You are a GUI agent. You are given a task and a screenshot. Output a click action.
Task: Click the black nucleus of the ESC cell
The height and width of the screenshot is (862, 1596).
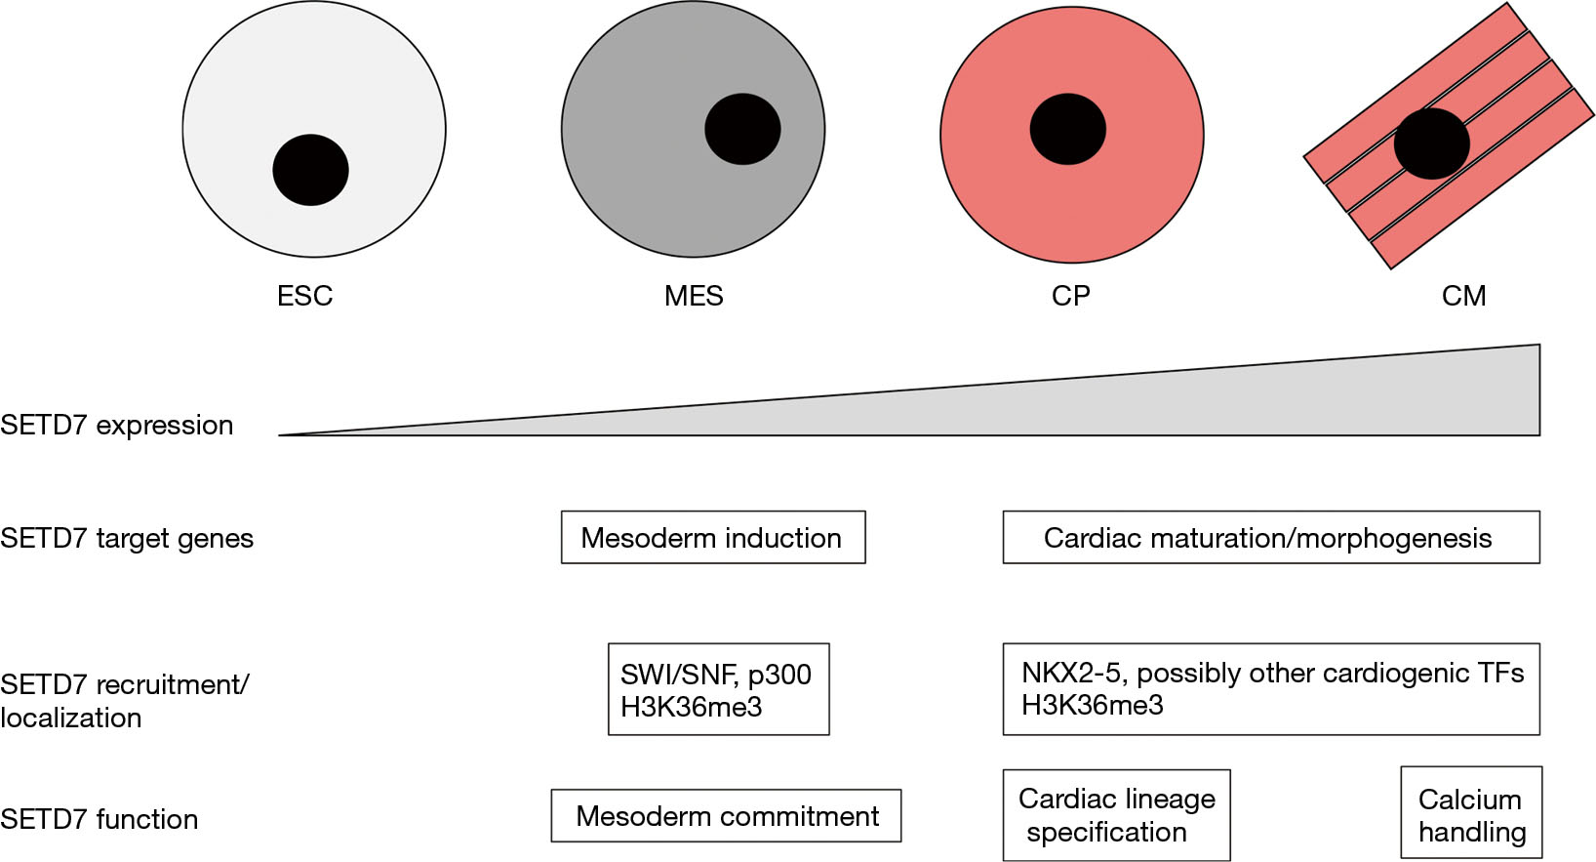point(310,170)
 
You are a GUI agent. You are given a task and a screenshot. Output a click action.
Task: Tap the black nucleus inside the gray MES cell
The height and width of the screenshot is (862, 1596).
point(742,129)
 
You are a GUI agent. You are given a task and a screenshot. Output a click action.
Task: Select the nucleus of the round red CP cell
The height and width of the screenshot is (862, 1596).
point(1067,129)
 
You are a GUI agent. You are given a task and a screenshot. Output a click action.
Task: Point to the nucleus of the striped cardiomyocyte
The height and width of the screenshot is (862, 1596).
point(1431,144)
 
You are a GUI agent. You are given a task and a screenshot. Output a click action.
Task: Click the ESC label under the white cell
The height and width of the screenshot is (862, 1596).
point(305,296)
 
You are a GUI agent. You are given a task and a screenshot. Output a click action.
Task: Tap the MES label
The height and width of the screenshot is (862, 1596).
point(694,296)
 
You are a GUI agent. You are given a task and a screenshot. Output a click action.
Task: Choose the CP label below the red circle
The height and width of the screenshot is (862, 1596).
point(1070,296)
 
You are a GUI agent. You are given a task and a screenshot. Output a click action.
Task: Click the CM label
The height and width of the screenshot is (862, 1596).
point(1463,296)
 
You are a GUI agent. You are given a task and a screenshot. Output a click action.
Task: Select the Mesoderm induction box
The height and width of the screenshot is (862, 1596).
point(713,537)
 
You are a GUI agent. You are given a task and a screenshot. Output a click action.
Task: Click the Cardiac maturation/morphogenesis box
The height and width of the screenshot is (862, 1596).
point(1271,537)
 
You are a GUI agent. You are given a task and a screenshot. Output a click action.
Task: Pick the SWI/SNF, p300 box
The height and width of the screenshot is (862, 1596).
point(718,689)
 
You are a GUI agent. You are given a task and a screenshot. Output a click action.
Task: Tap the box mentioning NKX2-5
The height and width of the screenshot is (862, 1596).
point(1271,689)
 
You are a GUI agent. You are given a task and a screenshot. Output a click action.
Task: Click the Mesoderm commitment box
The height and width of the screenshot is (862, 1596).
point(726,815)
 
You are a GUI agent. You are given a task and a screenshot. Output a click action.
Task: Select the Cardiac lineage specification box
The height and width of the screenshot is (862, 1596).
point(1116,815)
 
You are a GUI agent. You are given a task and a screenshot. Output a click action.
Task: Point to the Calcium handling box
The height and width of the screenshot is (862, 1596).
point(1471,812)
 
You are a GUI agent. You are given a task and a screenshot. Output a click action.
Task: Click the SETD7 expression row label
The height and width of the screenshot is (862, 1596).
point(117,425)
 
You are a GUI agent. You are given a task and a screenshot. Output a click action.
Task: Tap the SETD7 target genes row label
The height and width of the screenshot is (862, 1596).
point(127,538)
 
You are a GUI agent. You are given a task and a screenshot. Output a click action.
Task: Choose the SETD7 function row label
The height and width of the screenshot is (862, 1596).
point(100,819)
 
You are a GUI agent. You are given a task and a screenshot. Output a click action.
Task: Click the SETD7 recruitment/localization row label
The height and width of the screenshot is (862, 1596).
point(125,701)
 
